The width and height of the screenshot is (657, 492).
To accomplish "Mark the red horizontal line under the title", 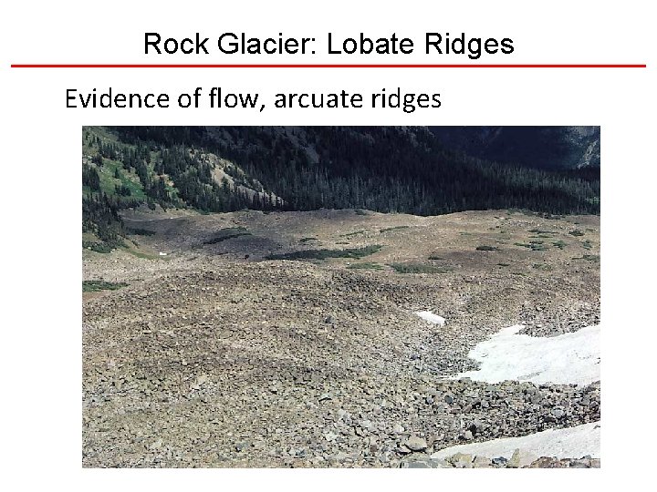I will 328,66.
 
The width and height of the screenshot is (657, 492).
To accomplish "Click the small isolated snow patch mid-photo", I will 430,317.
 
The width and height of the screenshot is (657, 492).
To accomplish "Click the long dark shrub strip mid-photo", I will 328,251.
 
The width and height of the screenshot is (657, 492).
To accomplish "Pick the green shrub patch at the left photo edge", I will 100,285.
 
